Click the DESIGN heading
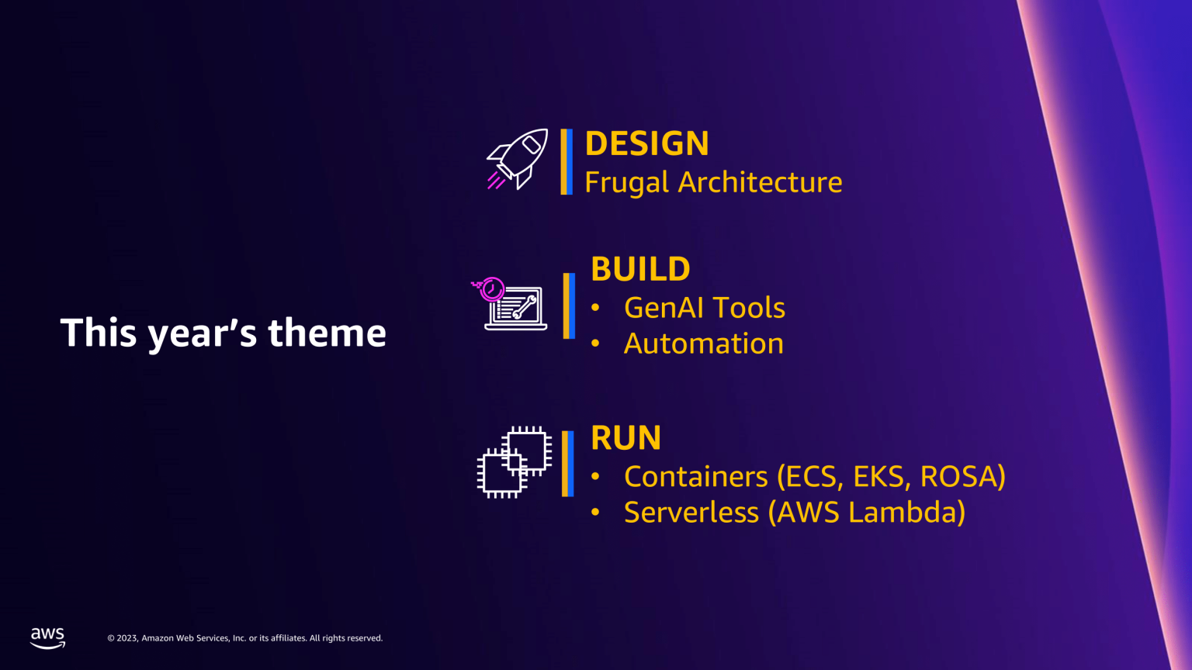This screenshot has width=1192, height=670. tap(646, 143)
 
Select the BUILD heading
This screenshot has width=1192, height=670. tap(640, 269)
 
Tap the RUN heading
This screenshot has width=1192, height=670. tap(625, 438)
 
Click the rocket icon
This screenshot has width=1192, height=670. tap(518, 159)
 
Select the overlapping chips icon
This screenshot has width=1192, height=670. tap(514, 462)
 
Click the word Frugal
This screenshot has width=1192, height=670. tap(626, 183)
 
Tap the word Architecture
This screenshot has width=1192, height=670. tap(760, 182)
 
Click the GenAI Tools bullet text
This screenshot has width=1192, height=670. tap(704, 308)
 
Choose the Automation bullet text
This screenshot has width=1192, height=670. tap(703, 344)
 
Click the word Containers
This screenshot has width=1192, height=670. tap(695, 476)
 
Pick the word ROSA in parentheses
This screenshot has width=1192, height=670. tap(961, 476)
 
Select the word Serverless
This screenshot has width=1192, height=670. tap(691, 513)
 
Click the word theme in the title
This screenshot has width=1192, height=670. tap(327, 333)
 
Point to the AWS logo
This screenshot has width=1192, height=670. tap(48, 638)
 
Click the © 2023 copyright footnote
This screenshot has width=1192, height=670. tap(244, 638)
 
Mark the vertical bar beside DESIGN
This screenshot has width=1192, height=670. tap(567, 161)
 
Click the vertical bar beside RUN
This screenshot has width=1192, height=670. tap(567, 464)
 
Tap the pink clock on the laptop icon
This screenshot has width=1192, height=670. tap(491, 289)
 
